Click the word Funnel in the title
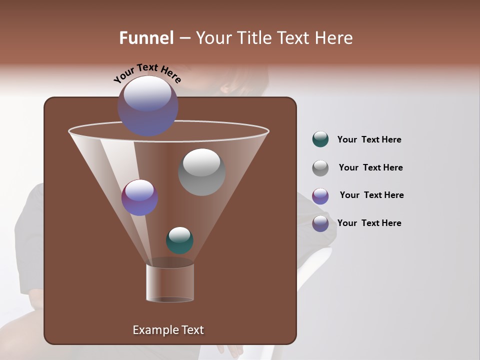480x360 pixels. (146, 38)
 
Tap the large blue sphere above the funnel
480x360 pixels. (147, 105)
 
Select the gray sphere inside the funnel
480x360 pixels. (201, 172)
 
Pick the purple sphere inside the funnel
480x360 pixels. (139, 197)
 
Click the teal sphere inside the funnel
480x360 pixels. (179, 240)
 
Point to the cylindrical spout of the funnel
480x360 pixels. (169, 283)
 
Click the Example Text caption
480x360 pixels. (168, 330)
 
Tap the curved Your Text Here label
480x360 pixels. (147, 73)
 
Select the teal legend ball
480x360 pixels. (320, 139)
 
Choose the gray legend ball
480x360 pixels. (320, 167)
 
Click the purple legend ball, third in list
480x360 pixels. (320, 195)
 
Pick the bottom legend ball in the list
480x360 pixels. (320, 223)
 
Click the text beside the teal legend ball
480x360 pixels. (369, 139)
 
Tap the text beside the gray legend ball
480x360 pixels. (370, 167)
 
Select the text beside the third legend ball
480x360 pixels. (371, 195)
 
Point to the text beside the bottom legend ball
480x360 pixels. (369, 223)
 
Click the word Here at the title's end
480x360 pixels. (335, 38)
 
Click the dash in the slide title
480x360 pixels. (184, 38)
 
